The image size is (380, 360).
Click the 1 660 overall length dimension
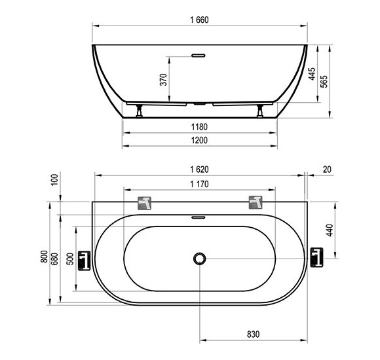199,20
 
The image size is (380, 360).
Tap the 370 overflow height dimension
164,80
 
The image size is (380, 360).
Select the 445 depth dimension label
312,74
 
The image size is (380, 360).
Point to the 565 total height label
324,81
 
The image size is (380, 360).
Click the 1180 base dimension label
199,127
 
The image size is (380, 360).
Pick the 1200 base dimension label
199,140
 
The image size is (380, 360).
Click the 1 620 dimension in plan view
199,170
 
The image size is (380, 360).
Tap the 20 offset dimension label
327,170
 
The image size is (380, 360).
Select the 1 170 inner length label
199,184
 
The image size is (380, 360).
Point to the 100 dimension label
55,179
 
